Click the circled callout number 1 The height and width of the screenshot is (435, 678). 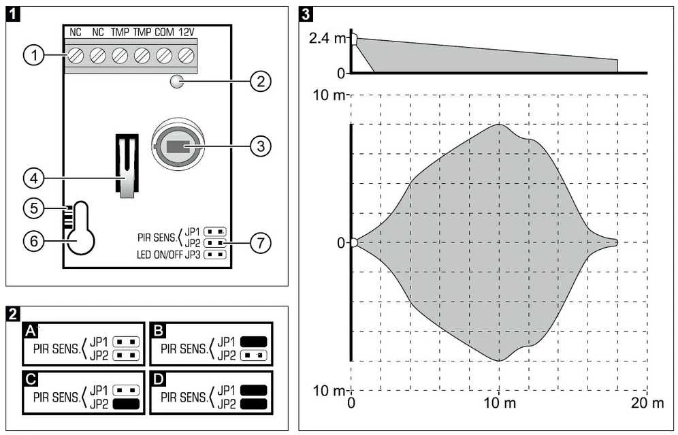(x=34, y=55)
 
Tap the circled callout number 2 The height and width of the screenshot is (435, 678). (x=261, y=81)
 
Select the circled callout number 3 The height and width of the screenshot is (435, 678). (x=261, y=146)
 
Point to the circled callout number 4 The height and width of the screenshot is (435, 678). (x=34, y=178)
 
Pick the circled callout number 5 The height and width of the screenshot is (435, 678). (x=34, y=208)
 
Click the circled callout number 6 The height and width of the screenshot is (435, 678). (x=34, y=241)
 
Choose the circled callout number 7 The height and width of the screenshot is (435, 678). (x=261, y=243)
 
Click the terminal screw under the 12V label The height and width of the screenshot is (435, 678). (x=186, y=55)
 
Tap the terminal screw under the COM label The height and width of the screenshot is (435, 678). (x=164, y=55)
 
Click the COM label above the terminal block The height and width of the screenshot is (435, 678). (x=164, y=33)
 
